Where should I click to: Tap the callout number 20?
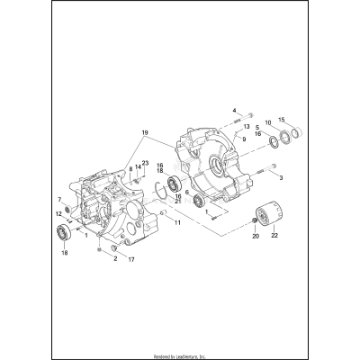pyautogui.click(x=255, y=237)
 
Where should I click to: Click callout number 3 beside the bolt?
pyautogui.click(x=281, y=178)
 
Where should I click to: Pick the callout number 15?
pyautogui.click(x=282, y=121)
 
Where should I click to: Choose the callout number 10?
pyautogui.click(x=266, y=122)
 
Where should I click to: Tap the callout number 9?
pyautogui.click(x=242, y=139)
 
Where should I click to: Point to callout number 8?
pyautogui.click(x=130, y=168)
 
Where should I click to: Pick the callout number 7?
pyautogui.click(x=60, y=199)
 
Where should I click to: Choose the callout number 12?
pyautogui.click(x=58, y=213)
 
